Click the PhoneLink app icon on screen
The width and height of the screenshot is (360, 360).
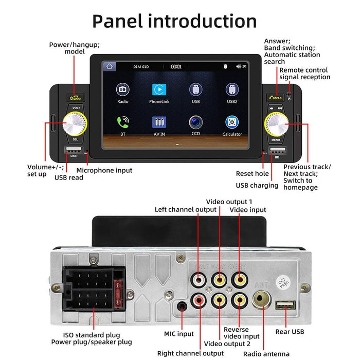click(159, 89)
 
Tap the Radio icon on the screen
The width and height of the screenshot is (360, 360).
click(123, 89)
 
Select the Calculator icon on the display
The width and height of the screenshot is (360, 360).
click(232, 122)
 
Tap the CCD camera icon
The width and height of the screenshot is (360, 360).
click(195, 122)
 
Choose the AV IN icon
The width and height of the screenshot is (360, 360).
click(159, 122)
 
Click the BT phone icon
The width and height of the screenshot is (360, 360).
click(123, 122)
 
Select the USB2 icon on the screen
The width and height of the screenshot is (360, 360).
click(232, 89)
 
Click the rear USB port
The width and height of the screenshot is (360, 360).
click(282, 305)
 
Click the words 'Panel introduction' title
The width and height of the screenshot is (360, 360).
click(174, 21)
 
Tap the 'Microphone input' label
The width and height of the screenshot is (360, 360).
click(104, 170)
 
